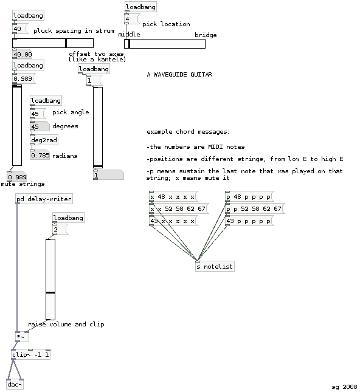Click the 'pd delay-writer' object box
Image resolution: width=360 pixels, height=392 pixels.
pyautogui.click(x=44, y=199)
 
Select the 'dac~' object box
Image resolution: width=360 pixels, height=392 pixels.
pyautogui.click(x=15, y=384)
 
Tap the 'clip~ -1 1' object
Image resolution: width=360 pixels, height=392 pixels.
pyautogui.click(x=31, y=354)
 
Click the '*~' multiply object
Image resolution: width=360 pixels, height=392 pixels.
pyautogui.click(x=22, y=337)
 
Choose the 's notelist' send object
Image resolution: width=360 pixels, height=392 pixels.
pyautogui.click(x=215, y=267)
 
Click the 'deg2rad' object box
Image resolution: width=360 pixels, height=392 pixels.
pyautogui.click(x=44, y=140)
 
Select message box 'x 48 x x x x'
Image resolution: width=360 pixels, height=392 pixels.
pyautogui.click(x=173, y=196)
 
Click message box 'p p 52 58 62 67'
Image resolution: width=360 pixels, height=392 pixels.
pyautogui.click(x=255, y=208)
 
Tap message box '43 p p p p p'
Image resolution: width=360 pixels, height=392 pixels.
pyautogui.click(x=249, y=221)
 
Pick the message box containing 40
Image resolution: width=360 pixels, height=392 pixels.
pyautogui.click(x=20, y=29)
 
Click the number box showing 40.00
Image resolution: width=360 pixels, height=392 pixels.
pyautogui.click(x=22, y=54)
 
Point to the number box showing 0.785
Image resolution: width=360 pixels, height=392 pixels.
pyautogui.click(x=40, y=155)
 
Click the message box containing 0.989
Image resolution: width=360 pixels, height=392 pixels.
pyautogui.click(x=24, y=78)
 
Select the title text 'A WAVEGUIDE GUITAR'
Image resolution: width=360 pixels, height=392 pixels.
pyautogui.click(x=179, y=75)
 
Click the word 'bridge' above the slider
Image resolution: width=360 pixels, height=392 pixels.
pyautogui.click(x=206, y=35)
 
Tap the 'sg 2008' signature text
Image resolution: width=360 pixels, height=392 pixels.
pyautogui.click(x=344, y=387)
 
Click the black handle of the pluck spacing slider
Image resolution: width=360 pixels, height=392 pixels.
pyautogui.click(x=66, y=43)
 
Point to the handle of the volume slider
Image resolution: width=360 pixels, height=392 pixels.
pyautogui.click(x=50, y=292)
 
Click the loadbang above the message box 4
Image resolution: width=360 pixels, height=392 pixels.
pyautogui.click(x=140, y=7)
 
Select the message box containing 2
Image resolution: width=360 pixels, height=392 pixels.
pyautogui.click(x=60, y=229)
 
